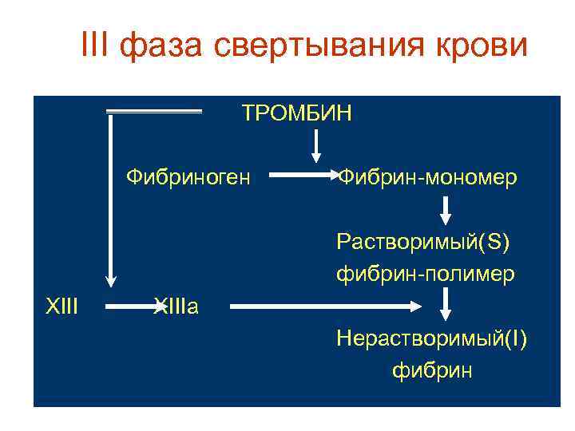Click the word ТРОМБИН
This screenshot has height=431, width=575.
(296, 113)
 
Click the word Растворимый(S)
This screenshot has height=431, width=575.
(423, 240)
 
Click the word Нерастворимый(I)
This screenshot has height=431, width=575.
(431, 338)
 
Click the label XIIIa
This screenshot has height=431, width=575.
(175, 306)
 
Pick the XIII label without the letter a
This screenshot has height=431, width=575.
(61, 306)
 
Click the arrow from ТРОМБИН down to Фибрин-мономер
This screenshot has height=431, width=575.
(316, 145)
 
